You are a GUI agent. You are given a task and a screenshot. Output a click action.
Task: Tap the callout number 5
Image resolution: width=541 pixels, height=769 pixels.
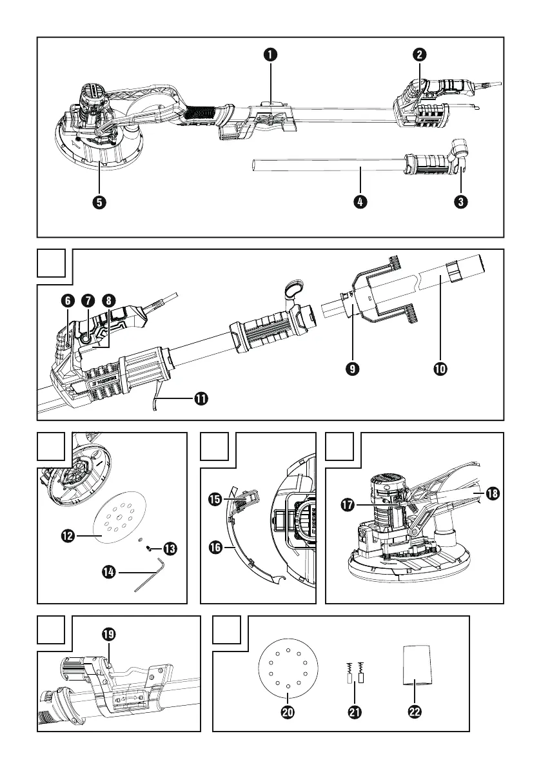[99, 202]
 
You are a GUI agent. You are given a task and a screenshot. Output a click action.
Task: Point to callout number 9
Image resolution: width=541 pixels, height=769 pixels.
[353, 369]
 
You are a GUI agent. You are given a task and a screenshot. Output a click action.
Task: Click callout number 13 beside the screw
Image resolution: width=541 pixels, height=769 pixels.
[170, 549]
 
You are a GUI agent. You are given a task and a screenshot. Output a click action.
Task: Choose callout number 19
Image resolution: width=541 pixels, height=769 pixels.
[109, 634]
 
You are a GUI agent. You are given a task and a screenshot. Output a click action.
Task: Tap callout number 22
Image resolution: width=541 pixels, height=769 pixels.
[415, 712]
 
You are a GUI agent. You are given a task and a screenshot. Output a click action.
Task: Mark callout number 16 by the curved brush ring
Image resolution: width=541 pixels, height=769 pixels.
[214, 548]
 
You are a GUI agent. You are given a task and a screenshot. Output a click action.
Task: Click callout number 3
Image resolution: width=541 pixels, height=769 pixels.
[460, 202]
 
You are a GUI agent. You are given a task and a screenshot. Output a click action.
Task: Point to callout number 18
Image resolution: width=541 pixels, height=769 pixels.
[494, 493]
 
